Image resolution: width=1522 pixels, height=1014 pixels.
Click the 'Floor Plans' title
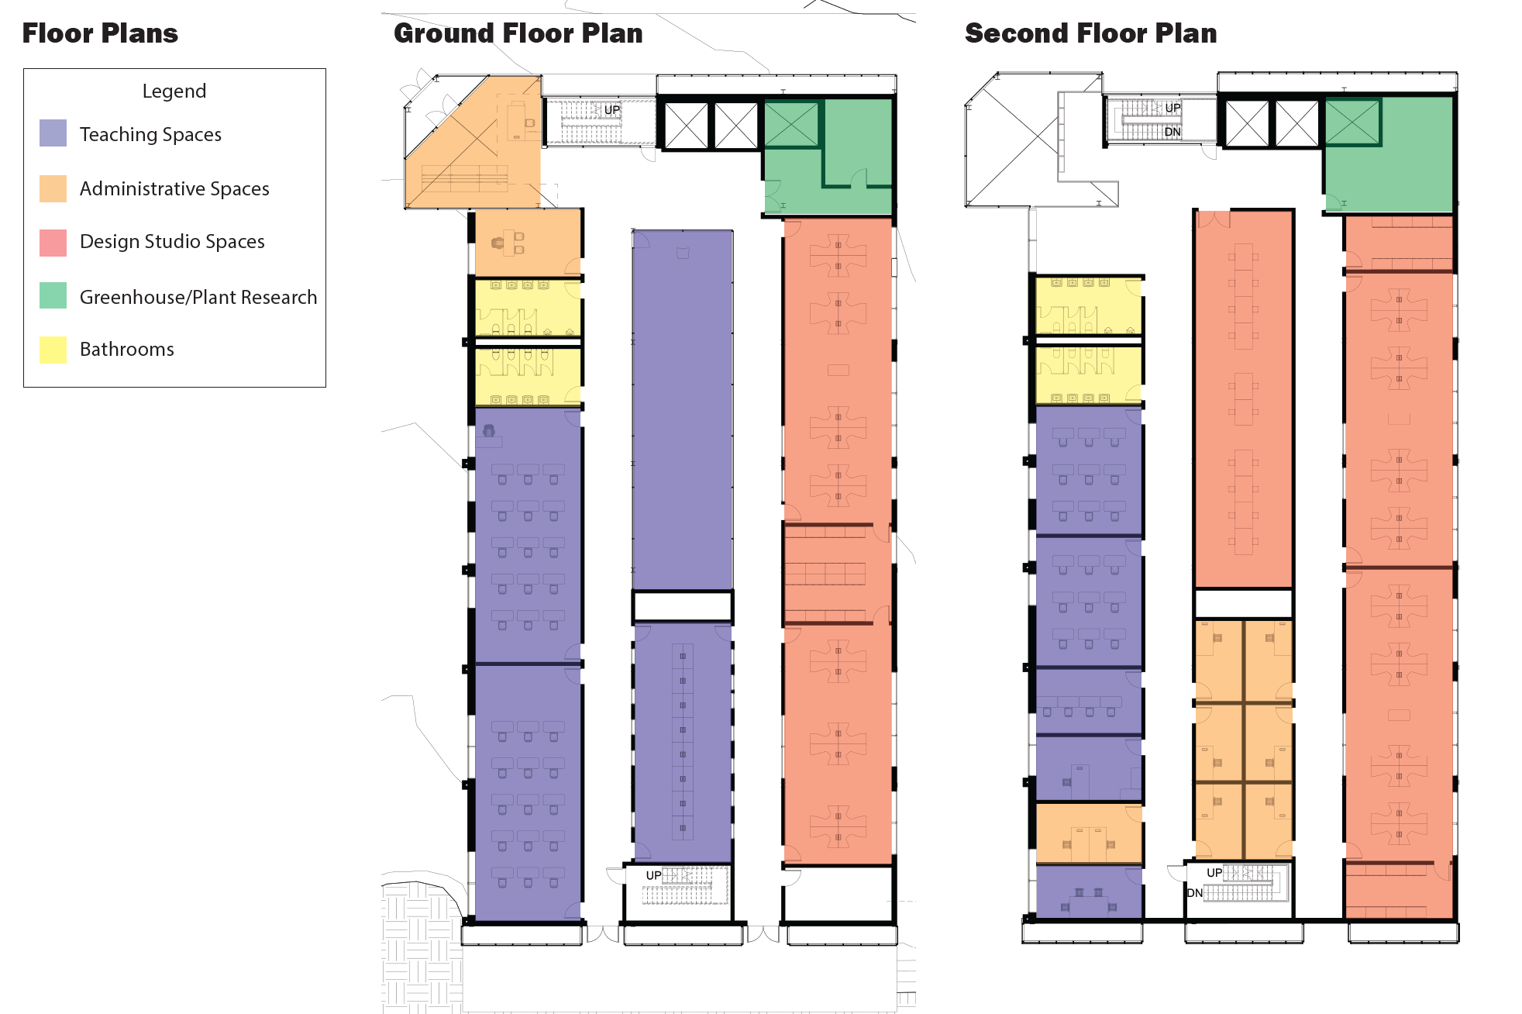pyautogui.click(x=100, y=33)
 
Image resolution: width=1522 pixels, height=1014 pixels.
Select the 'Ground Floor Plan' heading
pyautogui.click(x=518, y=33)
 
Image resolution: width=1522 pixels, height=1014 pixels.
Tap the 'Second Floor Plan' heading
pyautogui.click(x=1090, y=33)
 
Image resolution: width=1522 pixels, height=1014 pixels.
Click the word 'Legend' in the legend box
pyautogui.click(x=174, y=91)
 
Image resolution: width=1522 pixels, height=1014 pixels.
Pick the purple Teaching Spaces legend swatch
pyautogui.click(x=53, y=133)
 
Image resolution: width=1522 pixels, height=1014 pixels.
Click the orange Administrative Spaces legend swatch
pyautogui.click(x=53, y=188)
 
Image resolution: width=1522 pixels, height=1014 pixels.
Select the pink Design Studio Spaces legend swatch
pyautogui.click(x=53, y=242)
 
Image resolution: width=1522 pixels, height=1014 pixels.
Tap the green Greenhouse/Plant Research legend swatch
pyautogui.click(x=53, y=295)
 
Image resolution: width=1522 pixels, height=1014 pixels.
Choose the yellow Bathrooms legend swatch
pyautogui.click(x=53, y=350)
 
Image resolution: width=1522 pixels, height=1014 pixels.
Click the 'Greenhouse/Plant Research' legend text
pyautogui.click(x=198, y=297)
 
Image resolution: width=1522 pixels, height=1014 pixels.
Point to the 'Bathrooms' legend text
pyautogui.click(x=127, y=350)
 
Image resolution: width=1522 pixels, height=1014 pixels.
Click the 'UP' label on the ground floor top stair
pyautogui.click(x=612, y=110)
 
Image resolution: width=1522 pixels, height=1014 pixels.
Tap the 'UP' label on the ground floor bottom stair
pyautogui.click(x=654, y=875)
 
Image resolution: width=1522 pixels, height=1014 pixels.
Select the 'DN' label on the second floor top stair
pyautogui.click(x=1172, y=132)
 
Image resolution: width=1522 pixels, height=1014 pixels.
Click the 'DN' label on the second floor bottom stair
pyautogui.click(x=1195, y=893)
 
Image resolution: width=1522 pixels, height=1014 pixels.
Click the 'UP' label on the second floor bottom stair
pyautogui.click(x=1214, y=873)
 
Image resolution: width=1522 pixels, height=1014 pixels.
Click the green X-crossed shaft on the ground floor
pyautogui.click(x=791, y=124)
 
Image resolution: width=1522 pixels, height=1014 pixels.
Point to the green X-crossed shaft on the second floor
pyautogui.click(x=1352, y=122)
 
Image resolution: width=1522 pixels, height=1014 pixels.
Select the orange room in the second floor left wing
pyautogui.click(x=1089, y=833)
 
